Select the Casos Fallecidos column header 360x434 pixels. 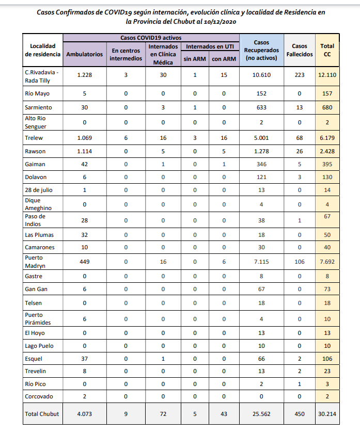pos(300,50)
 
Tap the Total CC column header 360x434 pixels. pos(327,50)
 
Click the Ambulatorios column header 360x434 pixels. pos(84,54)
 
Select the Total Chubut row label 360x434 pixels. pos(42,413)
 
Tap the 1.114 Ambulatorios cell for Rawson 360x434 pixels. pos(84,151)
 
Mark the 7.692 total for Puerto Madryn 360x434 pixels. pos(327,262)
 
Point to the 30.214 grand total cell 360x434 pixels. pos(327,413)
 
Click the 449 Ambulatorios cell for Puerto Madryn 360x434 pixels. pos(84,262)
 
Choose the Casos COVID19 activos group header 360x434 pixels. pos(151,38)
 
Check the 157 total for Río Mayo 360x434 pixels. pos(327,94)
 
